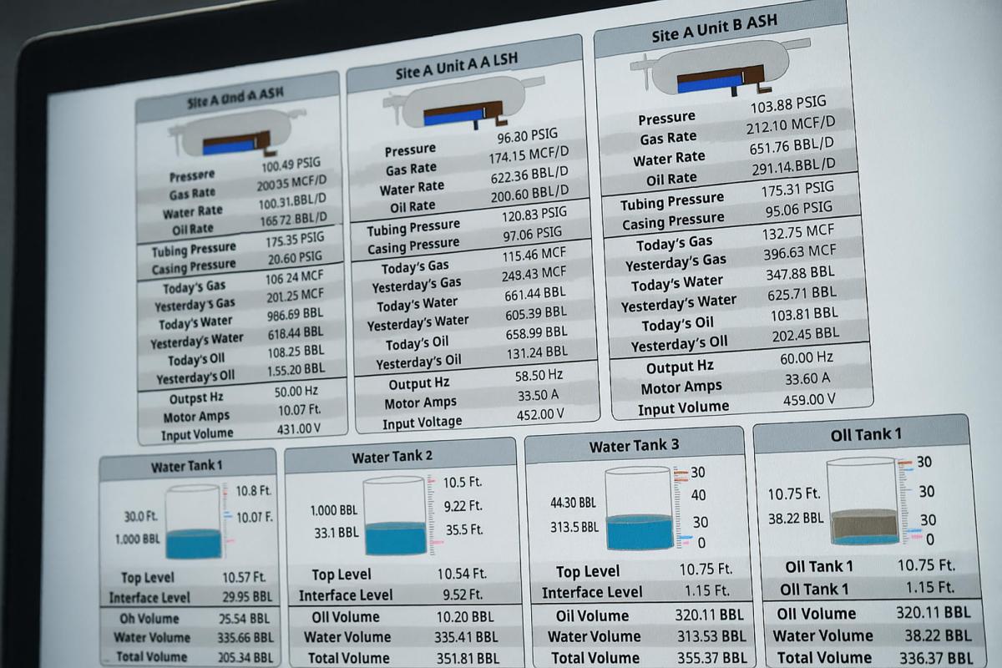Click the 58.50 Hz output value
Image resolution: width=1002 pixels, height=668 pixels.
tap(539, 376)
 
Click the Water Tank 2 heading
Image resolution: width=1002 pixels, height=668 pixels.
tap(392, 457)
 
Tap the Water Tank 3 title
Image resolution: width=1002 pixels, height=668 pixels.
tap(634, 446)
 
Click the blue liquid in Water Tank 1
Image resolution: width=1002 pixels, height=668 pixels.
tap(193, 544)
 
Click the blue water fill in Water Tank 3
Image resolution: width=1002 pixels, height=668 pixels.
tap(640, 532)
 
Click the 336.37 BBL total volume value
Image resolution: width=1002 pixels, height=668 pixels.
tap(934, 658)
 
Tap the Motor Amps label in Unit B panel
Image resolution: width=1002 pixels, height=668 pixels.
tap(681, 388)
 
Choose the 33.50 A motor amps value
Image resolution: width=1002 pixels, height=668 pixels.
tap(538, 395)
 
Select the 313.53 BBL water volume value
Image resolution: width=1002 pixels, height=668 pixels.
tap(709, 636)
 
